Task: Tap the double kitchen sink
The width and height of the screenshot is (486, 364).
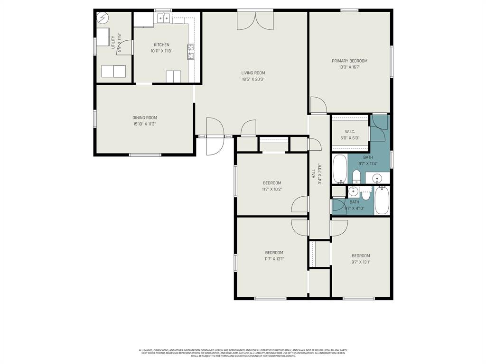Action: coord(164,18)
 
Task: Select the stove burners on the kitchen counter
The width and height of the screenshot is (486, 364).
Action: coord(191,51)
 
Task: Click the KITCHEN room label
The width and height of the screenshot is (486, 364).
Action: coord(161,45)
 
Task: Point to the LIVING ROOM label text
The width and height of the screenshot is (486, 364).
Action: coord(253,73)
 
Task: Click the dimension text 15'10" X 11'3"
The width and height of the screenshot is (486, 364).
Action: coord(145,124)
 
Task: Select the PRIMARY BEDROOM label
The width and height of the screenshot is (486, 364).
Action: coord(349,61)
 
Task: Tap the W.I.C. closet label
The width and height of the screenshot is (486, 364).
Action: coord(350,132)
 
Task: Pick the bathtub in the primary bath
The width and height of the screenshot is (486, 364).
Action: coord(339,169)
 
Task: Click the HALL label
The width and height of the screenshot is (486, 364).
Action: coord(314,174)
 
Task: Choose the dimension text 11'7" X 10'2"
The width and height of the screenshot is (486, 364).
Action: coord(272,189)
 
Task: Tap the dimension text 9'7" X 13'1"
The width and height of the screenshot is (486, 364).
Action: coord(361,262)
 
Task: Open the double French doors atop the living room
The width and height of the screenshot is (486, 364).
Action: coord(255,20)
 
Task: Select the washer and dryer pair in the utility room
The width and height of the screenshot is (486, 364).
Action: coord(113,71)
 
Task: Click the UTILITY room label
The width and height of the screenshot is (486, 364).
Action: coord(113,42)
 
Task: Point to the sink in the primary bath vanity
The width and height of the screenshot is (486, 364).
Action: coord(377,179)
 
